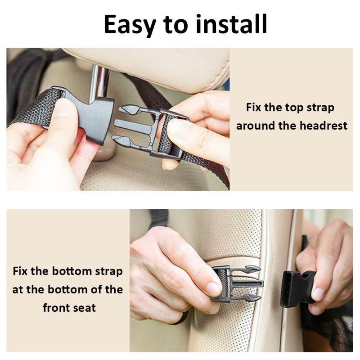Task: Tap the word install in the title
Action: pyautogui.click(x=231, y=24)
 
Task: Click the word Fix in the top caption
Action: pyautogui.click(x=253, y=108)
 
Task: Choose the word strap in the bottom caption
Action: pyautogui.click(x=109, y=272)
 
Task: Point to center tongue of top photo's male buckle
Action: pyautogui.click(x=133, y=125)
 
